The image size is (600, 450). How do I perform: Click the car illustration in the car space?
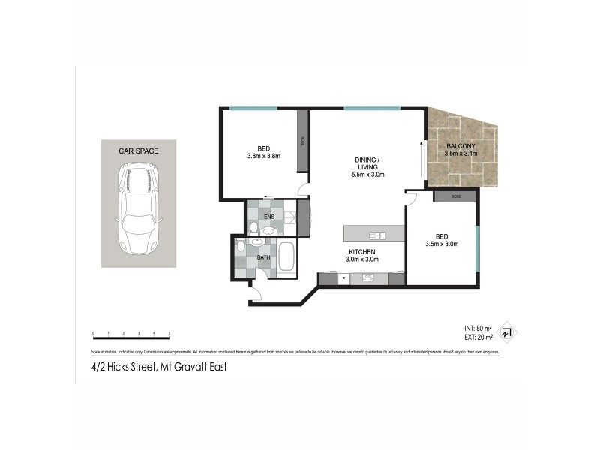[139, 211]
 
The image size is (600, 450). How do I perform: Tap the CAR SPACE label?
[139, 151]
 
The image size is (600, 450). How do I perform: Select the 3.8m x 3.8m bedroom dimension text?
[262, 156]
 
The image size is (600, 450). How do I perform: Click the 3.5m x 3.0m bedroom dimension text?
[441, 244]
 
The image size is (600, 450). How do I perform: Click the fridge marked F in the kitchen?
[343, 278]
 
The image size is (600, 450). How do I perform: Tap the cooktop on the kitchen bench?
[368, 278]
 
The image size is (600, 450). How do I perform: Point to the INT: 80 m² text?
[478, 328]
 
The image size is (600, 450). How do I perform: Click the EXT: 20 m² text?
[478, 337]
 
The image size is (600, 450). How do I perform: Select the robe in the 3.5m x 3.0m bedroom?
[455, 196]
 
